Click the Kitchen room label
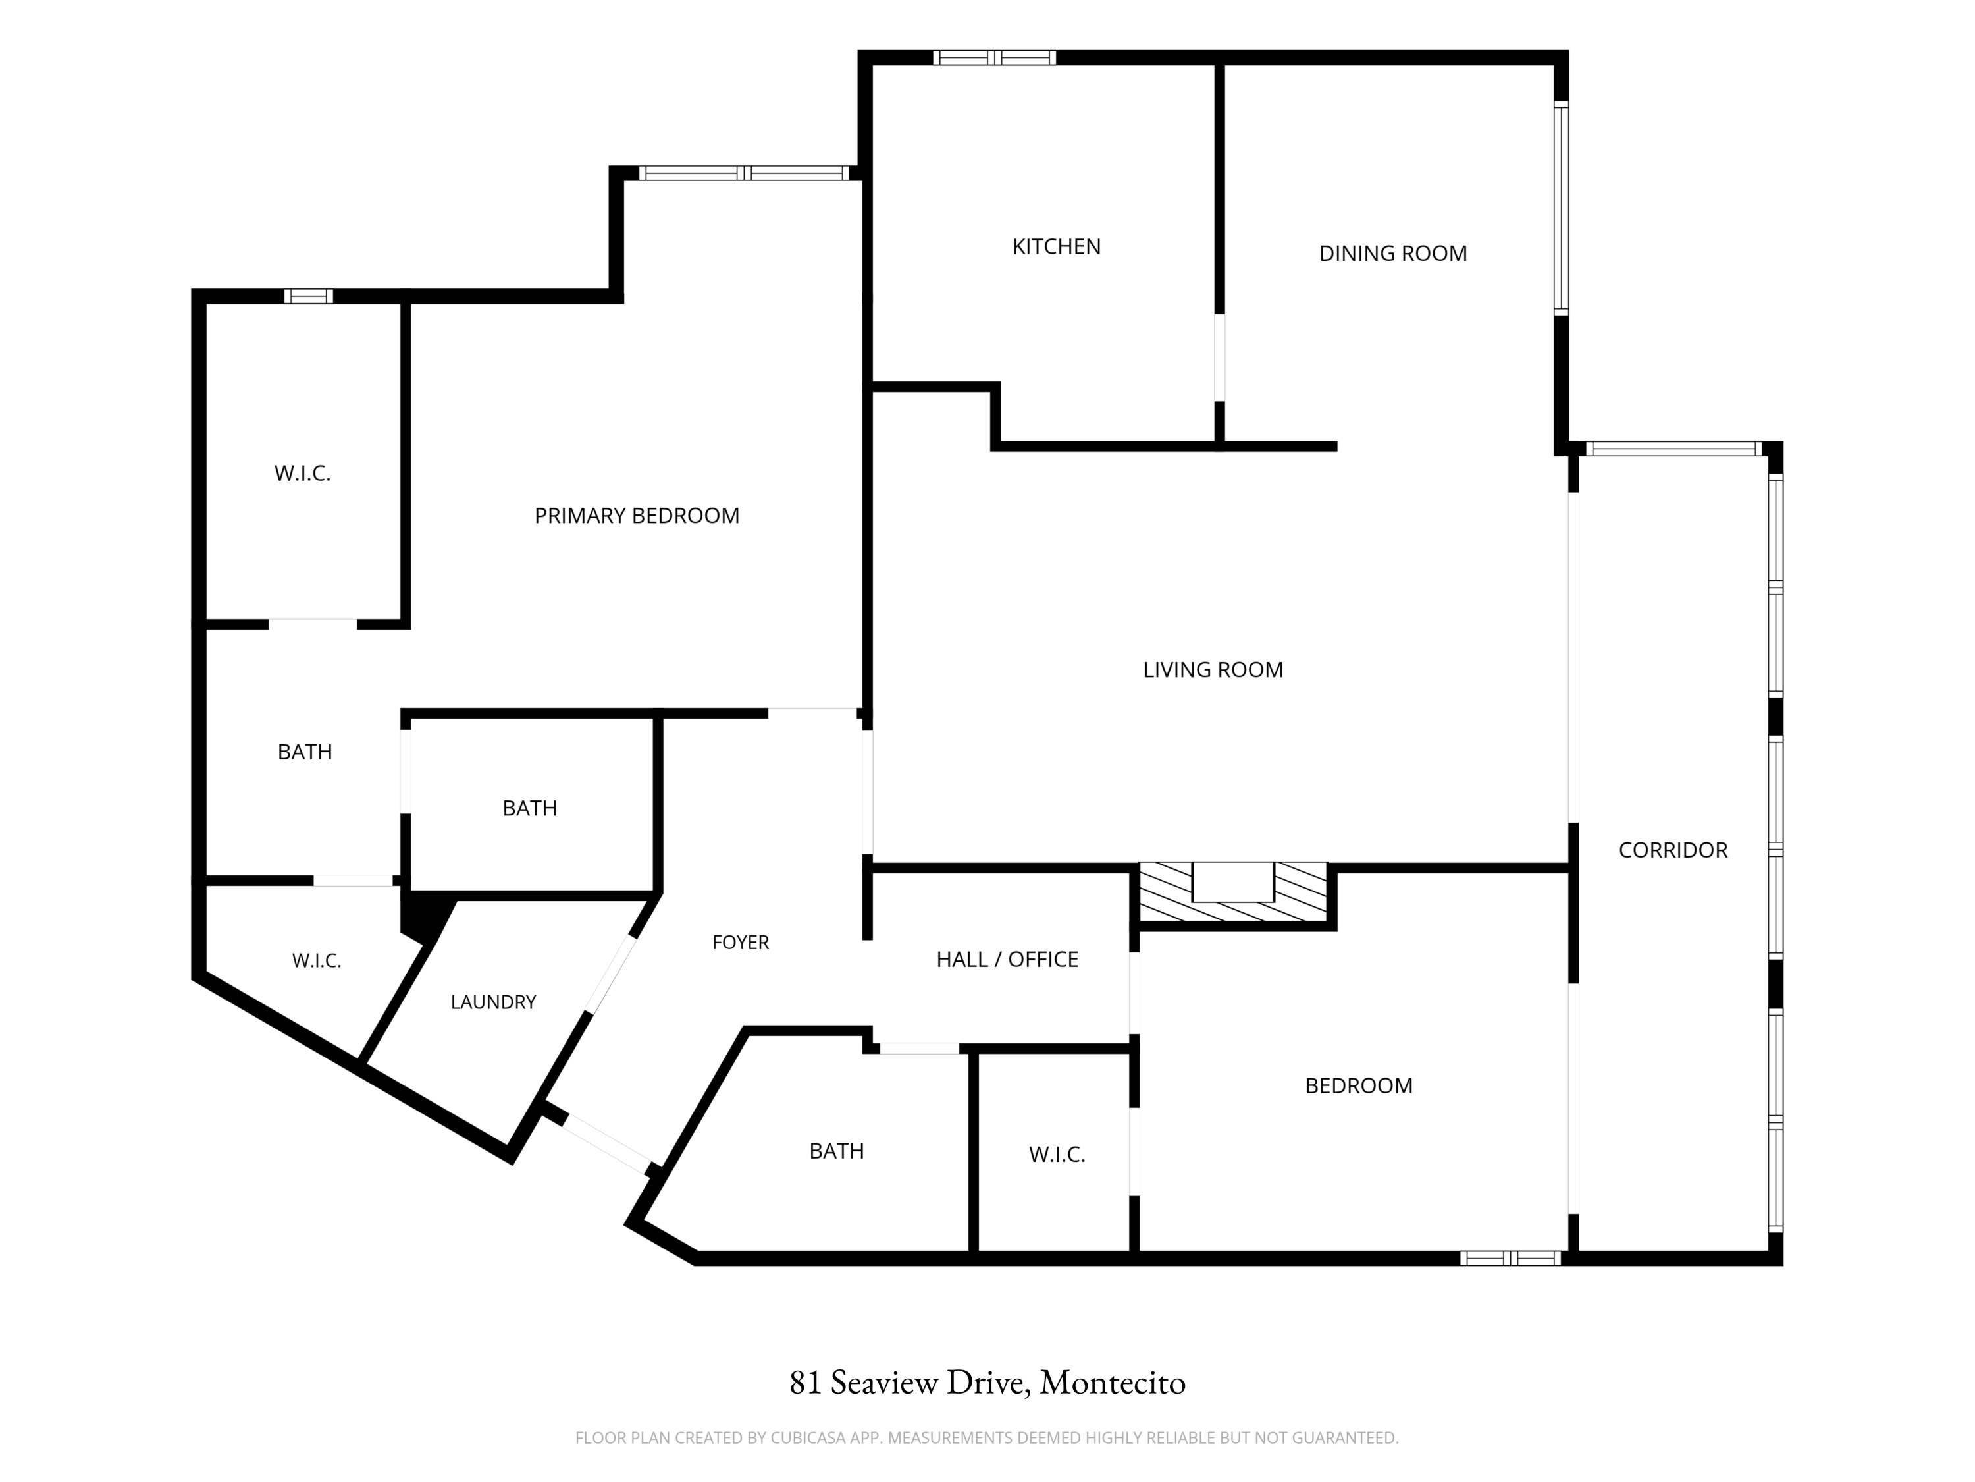(x=1056, y=246)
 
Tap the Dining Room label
(x=1393, y=254)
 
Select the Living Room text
(x=1213, y=670)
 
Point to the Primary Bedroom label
(x=637, y=516)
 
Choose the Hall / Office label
(x=1007, y=960)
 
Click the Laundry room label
(x=493, y=1002)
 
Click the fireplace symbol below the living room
(x=1233, y=892)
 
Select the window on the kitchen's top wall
(x=995, y=58)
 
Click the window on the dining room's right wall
(x=1561, y=208)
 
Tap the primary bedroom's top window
(x=745, y=173)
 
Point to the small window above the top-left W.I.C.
(x=309, y=296)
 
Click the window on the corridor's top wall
(x=1673, y=449)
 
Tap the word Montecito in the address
(x=1113, y=1383)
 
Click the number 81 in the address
(x=804, y=1383)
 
